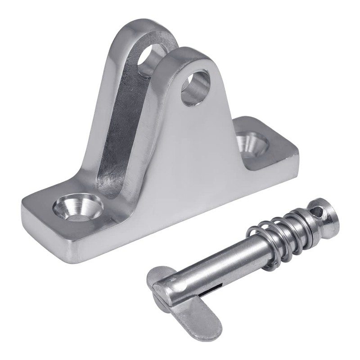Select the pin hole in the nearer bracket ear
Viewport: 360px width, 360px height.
coord(195,87)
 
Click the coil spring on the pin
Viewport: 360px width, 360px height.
coord(270,238)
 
